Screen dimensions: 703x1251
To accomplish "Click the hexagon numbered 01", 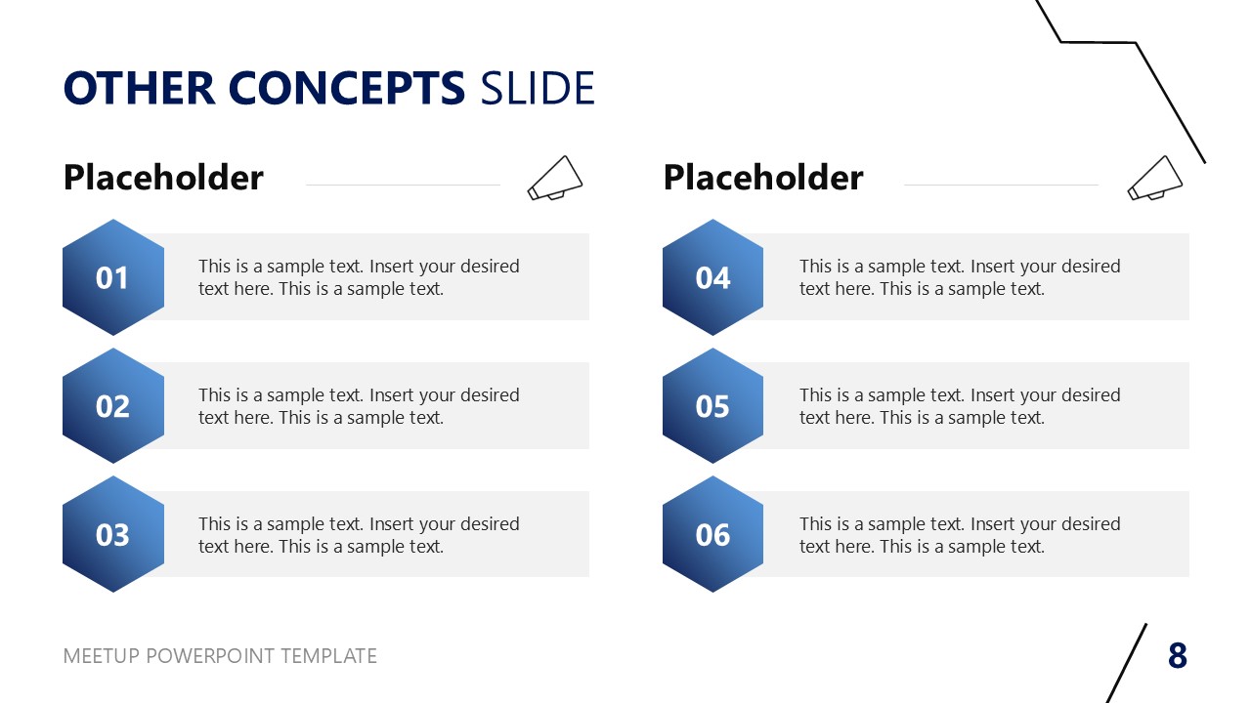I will [x=112, y=277].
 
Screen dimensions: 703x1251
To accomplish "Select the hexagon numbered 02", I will [x=112, y=406].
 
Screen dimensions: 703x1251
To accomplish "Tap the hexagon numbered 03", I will [x=112, y=534].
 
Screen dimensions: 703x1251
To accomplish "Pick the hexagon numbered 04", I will [x=712, y=277].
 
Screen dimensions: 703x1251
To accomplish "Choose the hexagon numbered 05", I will [x=712, y=406].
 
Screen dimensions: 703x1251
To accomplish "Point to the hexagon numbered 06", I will [x=712, y=534].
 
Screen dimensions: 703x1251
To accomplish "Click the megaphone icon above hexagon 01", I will [x=554, y=178].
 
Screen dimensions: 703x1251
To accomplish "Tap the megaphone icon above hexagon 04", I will [x=1154, y=178].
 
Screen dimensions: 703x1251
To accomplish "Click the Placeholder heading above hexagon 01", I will [x=163, y=178].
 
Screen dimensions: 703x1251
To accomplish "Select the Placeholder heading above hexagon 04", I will [x=763, y=178].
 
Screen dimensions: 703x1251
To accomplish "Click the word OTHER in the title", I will [x=139, y=89].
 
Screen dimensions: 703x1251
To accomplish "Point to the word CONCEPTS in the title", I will [x=347, y=89].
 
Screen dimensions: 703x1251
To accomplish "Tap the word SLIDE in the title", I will [x=538, y=89].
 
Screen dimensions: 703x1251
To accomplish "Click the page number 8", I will [x=1178, y=656].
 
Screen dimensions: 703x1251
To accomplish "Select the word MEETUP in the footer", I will [x=102, y=656].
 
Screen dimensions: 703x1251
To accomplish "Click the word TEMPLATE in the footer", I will [x=328, y=656].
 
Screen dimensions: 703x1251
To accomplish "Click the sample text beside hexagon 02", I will [x=359, y=406].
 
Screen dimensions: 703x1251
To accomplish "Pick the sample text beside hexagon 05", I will [x=959, y=406].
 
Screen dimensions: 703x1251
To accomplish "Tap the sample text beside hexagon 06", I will [x=959, y=535].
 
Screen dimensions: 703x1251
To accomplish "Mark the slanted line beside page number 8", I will [x=1127, y=663].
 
